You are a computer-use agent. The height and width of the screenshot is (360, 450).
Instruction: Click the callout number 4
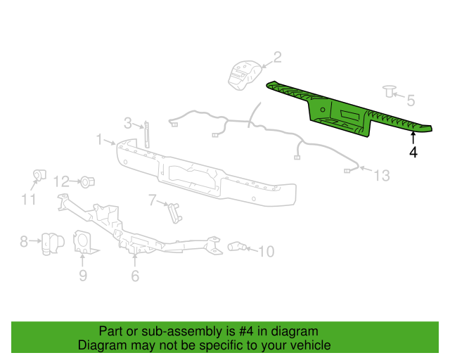click(413, 151)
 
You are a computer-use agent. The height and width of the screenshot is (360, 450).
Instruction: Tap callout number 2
click(276, 57)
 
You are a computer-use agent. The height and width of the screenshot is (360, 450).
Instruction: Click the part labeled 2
click(242, 75)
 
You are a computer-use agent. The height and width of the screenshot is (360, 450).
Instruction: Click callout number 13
click(380, 176)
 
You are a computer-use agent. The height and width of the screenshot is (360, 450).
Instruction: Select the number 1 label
click(100, 140)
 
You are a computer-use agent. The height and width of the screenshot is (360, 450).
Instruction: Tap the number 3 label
click(128, 123)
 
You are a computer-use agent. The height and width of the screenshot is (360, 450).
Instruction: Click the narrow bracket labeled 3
click(147, 134)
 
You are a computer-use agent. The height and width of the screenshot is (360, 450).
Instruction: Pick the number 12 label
click(62, 181)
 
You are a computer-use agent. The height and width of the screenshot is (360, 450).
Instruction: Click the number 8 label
click(24, 242)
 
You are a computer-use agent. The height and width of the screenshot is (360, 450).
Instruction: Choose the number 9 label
click(82, 275)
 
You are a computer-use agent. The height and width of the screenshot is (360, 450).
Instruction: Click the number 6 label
click(135, 276)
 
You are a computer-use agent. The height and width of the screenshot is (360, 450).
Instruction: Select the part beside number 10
click(237, 247)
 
